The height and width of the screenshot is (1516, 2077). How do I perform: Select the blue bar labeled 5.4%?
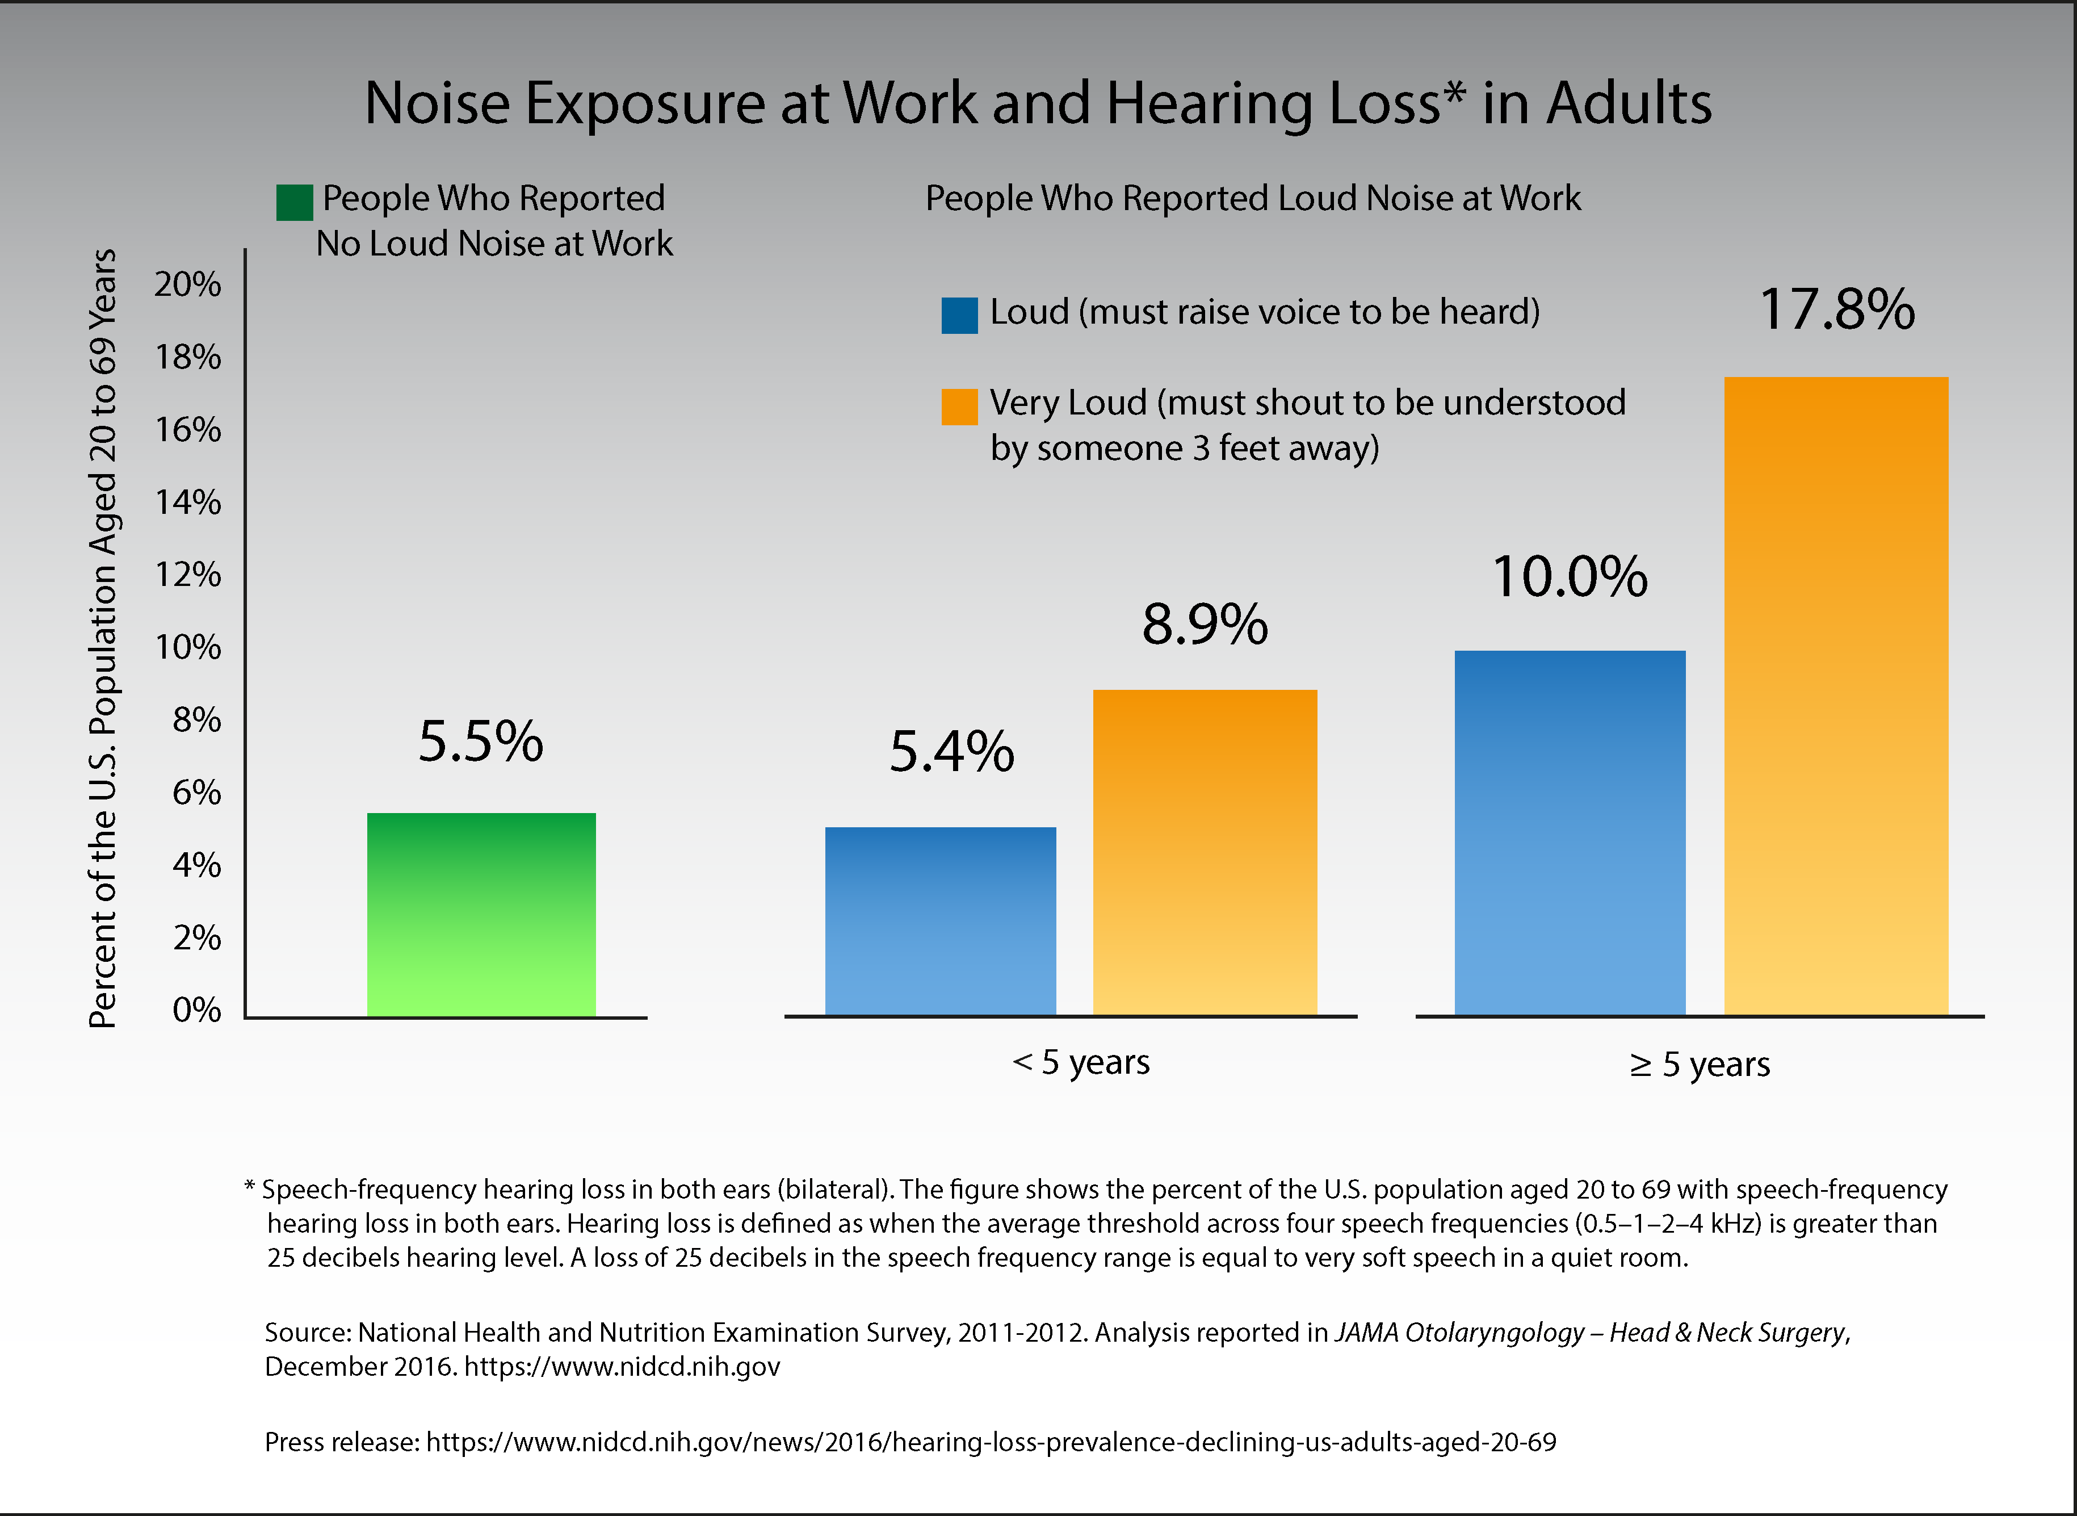pos(941,922)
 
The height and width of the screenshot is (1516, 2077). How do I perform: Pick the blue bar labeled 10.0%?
pos(1570,834)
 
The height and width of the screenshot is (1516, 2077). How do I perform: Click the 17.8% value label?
pos(1837,309)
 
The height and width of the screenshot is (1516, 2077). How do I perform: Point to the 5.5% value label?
pos(481,742)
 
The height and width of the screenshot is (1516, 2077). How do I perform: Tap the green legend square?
pos(295,202)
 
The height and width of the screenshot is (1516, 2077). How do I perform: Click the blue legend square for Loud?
pos(960,315)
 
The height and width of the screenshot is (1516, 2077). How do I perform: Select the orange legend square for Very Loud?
pos(960,407)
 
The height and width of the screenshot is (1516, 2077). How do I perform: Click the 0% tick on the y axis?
pos(196,1010)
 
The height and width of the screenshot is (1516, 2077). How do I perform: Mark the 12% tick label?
pos(188,575)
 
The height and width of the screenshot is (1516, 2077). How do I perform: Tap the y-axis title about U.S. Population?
pos(103,638)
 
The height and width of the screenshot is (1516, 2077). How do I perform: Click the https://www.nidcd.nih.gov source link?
pos(622,1367)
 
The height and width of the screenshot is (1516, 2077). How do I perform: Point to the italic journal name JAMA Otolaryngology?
pos(1459,1333)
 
